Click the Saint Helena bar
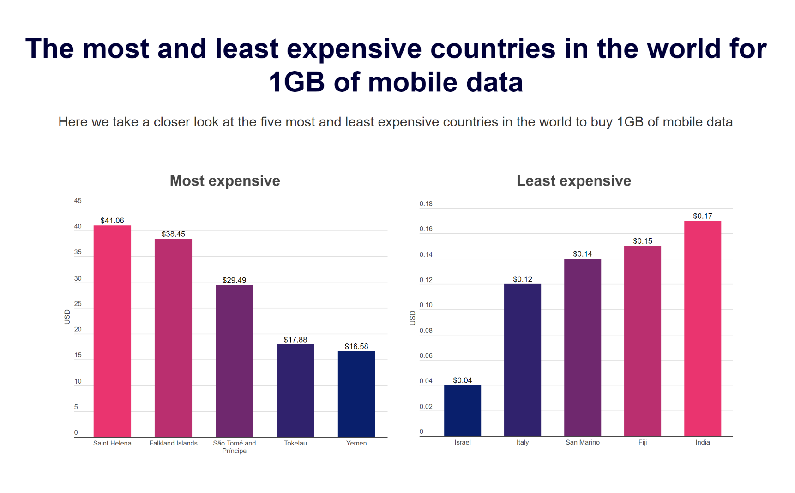112,331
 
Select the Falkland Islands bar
173,337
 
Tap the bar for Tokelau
295,390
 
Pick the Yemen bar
356,394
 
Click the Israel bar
463,410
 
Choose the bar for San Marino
583,347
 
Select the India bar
703,328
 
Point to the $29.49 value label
235,280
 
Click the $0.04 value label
463,380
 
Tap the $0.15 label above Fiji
643,241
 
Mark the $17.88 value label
295,340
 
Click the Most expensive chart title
225,181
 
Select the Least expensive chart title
574,181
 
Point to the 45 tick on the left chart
78,201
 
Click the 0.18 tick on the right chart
426,204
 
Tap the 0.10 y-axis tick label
426,305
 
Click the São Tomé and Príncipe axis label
235,447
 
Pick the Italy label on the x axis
523,442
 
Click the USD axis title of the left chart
67,317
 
